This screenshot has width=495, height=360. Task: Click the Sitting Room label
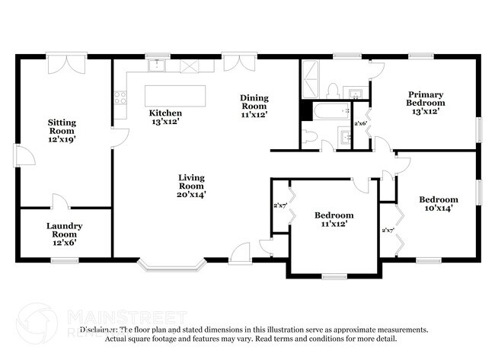point(62,130)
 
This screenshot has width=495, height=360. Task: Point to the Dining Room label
point(254,105)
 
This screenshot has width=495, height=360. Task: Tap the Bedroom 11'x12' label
point(334,220)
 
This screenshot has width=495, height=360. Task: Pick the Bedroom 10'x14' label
point(438,203)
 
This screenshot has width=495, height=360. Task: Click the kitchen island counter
point(176,95)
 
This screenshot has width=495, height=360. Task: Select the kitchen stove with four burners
point(120,97)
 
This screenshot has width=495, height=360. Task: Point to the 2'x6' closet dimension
point(360,123)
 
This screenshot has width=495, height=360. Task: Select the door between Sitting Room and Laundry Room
point(60,203)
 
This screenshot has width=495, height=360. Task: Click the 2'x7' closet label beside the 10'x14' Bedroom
point(387,230)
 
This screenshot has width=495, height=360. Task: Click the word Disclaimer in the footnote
point(99,330)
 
